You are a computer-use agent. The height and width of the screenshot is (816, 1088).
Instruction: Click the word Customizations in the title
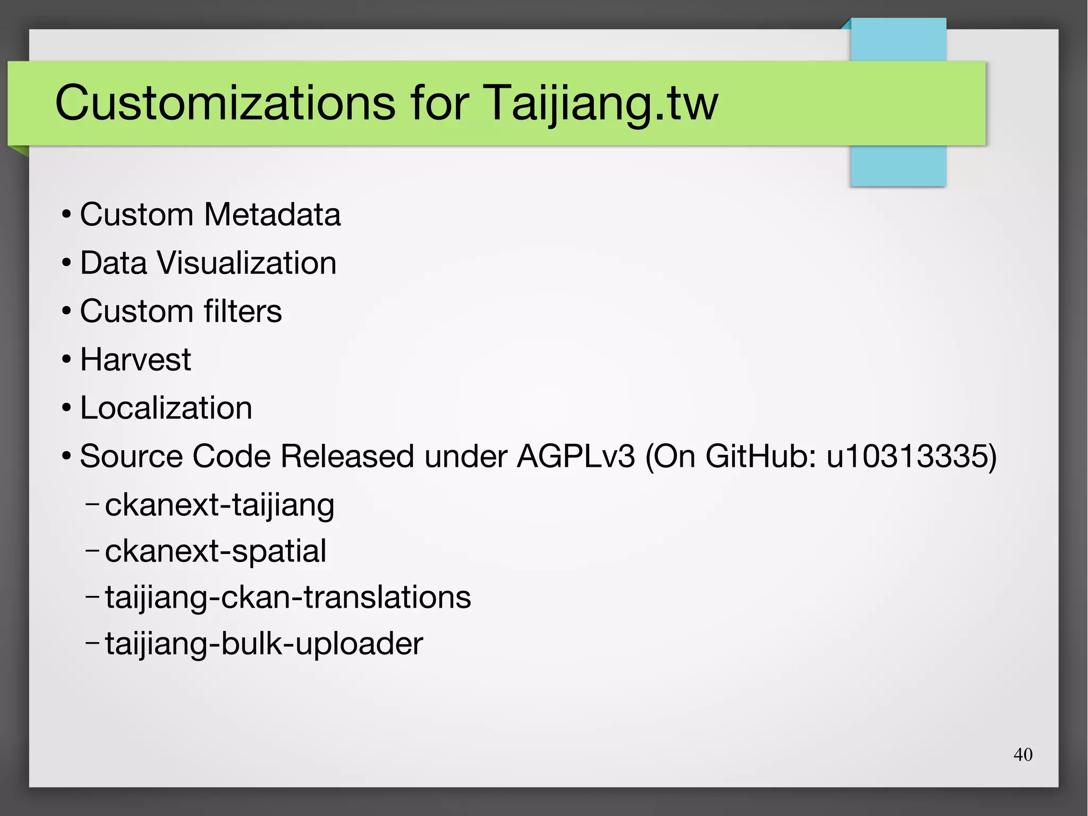(225, 103)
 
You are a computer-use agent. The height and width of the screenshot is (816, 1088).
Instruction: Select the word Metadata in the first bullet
(272, 215)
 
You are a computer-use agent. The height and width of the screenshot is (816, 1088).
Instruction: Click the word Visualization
(246, 263)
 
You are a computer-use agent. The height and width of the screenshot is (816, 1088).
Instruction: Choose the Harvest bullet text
(135, 360)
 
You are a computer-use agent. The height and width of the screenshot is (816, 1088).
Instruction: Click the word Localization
(166, 408)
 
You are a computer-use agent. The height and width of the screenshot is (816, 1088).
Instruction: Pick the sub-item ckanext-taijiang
(219, 505)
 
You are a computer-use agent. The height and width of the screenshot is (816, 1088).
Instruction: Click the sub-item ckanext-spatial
(215, 551)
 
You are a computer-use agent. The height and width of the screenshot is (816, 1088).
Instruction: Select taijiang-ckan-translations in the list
(287, 598)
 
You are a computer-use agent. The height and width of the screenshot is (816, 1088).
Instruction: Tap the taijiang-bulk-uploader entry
(263, 644)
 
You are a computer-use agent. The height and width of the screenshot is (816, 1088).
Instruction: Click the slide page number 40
(1023, 754)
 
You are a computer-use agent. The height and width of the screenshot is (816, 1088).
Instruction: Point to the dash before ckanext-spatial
(92, 551)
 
